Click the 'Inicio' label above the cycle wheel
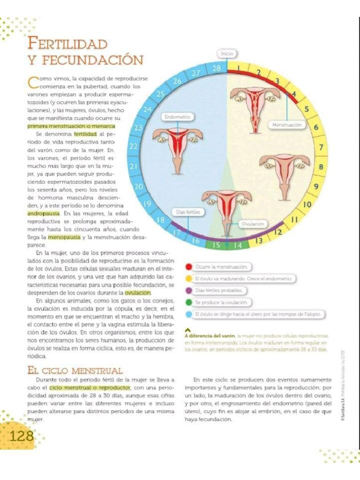click(227, 54)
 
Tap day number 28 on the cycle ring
click(217, 69)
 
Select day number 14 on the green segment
click(238, 245)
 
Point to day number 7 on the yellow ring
click(321, 148)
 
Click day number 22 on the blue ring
click(133, 147)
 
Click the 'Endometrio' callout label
click(176, 116)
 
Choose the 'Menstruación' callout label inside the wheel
click(287, 125)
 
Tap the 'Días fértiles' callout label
click(188, 212)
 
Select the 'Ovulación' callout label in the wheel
click(253, 224)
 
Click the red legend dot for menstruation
click(188, 267)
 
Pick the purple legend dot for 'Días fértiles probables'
click(188, 291)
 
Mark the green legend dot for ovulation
click(188, 302)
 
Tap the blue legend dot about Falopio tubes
click(188, 314)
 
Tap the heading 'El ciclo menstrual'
click(75, 370)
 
